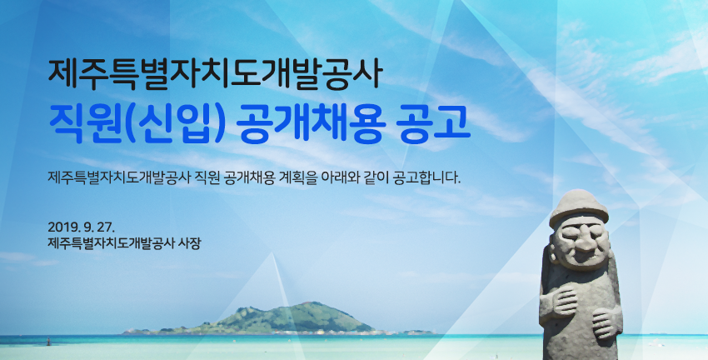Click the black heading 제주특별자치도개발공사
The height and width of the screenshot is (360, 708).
(x=216, y=74)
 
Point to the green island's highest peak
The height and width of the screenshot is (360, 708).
(x=308, y=303)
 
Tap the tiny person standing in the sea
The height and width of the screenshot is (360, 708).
(x=48, y=342)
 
